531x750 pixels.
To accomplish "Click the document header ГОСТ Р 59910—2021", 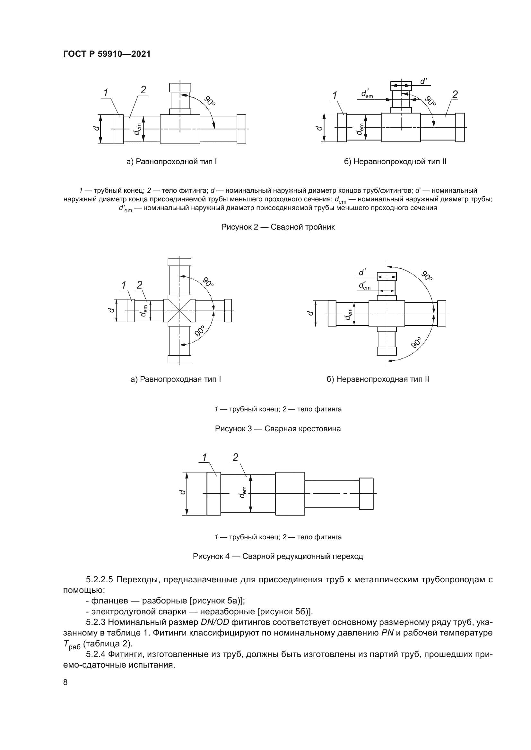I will (x=107, y=54).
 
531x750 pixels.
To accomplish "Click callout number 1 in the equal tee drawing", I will (x=106, y=93).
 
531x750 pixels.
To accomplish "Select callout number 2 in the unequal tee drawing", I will (x=455, y=94).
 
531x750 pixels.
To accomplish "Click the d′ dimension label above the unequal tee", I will (x=423, y=81).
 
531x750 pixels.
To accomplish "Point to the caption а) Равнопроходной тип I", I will (x=172, y=162).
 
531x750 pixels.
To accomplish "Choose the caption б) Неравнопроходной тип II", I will (x=395, y=162).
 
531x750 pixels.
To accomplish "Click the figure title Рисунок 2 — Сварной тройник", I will (x=278, y=227).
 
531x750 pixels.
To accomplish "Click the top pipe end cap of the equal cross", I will (x=179, y=262).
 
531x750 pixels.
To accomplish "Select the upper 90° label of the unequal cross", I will (x=426, y=276).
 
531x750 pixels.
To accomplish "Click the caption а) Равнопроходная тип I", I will (x=176, y=379).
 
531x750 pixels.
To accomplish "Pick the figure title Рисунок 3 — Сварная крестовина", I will (x=278, y=429).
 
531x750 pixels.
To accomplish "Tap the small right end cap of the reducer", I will (x=366, y=493).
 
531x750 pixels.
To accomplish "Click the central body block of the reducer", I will (x=290, y=493).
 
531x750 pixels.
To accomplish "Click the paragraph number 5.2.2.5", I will (x=100, y=580).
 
